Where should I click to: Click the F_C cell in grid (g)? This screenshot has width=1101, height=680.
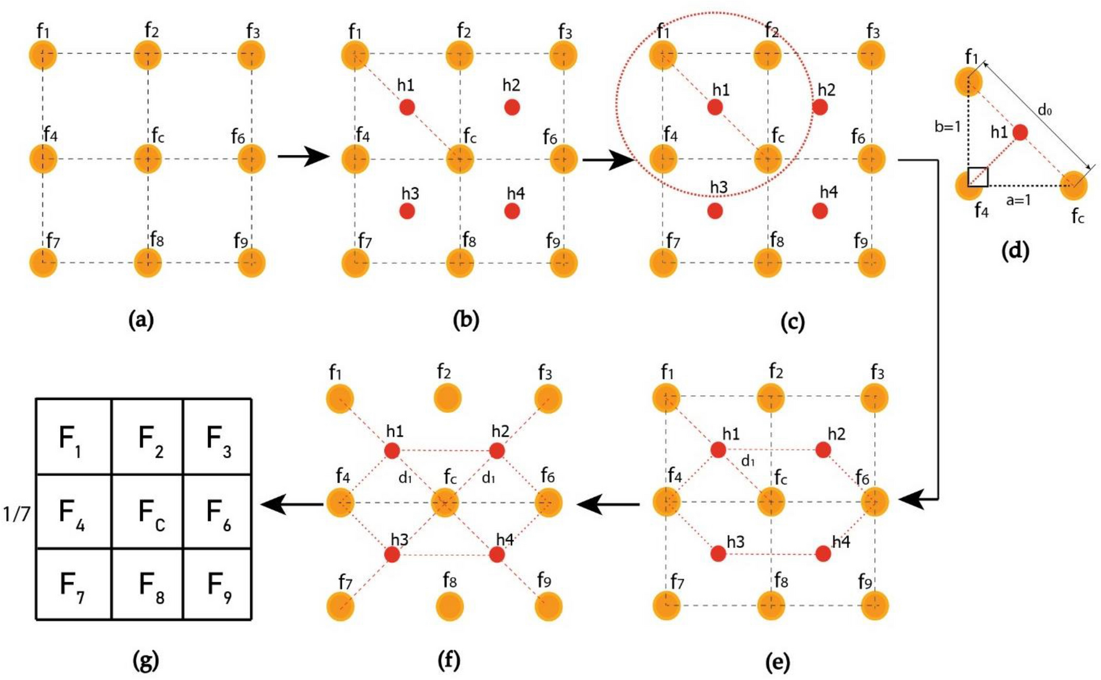pyautogui.click(x=148, y=512)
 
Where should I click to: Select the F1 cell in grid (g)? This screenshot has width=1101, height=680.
pyautogui.click(x=73, y=437)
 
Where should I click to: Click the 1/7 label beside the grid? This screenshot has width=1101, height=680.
pyautogui.click(x=17, y=514)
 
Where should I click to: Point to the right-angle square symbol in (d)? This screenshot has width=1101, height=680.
pyautogui.click(x=978, y=177)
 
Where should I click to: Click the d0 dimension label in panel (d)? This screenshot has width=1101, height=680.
pyautogui.click(x=1045, y=111)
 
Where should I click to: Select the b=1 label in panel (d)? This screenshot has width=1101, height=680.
pyautogui.click(x=947, y=127)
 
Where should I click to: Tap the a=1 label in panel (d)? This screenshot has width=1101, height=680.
pyautogui.click(x=1018, y=200)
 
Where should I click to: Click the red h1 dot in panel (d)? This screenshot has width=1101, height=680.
pyautogui.click(x=1020, y=132)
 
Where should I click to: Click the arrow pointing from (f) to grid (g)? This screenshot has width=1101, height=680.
pyautogui.click(x=291, y=504)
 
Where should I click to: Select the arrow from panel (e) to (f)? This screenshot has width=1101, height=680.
pyautogui.click(x=608, y=504)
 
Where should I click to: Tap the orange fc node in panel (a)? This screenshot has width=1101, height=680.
pyautogui.click(x=148, y=159)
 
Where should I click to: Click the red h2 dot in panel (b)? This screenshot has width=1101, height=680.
pyautogui.click(x=512, y=107)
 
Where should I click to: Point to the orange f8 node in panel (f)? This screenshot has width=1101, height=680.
pyautogui.click(x=449, y=607)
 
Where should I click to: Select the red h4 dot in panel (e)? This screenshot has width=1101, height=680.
pyautogui.click(x=823, y=553)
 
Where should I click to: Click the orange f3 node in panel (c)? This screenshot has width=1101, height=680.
pyautogui.click(x=871, y=55)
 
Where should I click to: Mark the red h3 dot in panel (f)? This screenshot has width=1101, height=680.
pyautogui.click(x=392, y=555)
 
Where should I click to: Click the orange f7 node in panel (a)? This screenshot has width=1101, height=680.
pyautogui.click(x=43, y=263)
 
